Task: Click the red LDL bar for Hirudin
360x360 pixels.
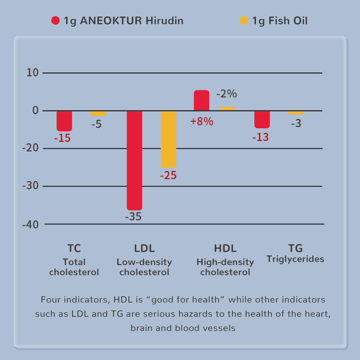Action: click(135, 160)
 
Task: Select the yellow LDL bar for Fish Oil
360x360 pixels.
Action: click(168, 139)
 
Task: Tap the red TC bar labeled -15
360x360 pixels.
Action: click(64, 121)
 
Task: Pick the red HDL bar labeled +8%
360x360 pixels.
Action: click(201, 100)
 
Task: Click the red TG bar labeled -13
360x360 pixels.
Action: click(262, 119)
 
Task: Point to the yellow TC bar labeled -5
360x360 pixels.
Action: click(98, 114)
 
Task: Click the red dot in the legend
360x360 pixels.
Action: click(56, 21)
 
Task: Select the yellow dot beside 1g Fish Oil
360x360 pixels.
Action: click(244, 21)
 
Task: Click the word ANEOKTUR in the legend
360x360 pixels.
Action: click(111, 21)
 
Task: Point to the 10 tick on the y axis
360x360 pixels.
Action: click(32, 73)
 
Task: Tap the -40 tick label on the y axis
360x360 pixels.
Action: click(30, 225)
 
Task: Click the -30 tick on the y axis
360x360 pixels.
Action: click(30, 186)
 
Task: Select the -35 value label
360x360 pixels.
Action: click(133, 217)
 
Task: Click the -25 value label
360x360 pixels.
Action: click(168, 175)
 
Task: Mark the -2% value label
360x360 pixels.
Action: click(226, 94)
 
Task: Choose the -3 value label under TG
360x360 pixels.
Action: click(296, 123)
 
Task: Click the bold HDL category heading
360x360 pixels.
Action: click(225, 248)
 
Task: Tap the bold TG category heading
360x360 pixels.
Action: click(295, 248)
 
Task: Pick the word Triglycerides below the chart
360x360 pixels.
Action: click(295, 259)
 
